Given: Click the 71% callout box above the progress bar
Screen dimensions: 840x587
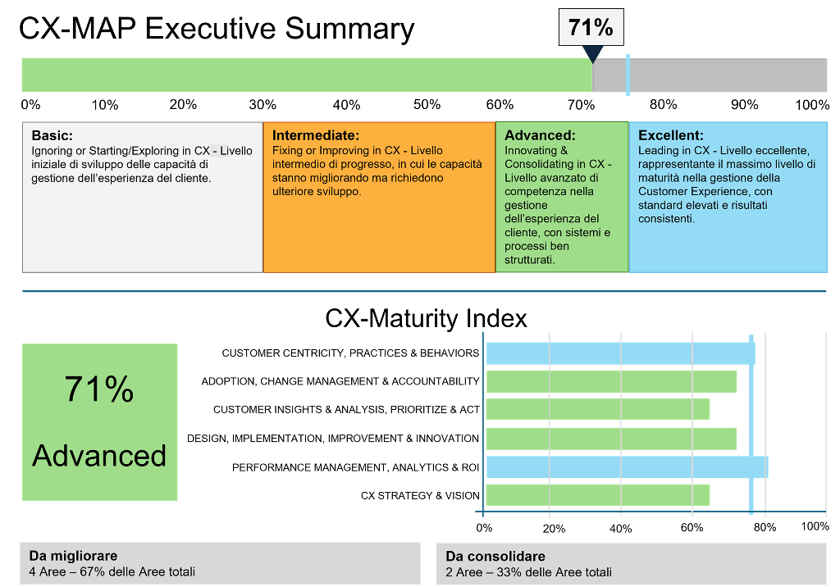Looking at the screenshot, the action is [591, 27].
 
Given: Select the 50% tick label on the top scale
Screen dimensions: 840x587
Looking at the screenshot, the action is [427, 104].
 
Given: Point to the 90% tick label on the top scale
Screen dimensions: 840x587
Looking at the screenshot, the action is [745, 104].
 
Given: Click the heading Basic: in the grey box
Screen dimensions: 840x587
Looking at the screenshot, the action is [52, 135].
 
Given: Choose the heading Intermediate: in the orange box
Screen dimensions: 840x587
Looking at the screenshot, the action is [316, 135].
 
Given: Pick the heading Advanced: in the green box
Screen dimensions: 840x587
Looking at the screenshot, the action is [540, 135].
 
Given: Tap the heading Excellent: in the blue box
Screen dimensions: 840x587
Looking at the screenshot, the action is [671, 135].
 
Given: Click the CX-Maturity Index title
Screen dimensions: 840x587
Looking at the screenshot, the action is [427, 318].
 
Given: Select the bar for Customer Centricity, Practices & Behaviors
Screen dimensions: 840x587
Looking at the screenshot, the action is [620, 353].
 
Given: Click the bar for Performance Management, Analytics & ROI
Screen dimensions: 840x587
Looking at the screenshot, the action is [627, 467].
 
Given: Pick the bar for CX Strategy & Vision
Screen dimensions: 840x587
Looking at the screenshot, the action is [598, 495].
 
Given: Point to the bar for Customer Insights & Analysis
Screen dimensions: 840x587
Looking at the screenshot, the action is [598, 409].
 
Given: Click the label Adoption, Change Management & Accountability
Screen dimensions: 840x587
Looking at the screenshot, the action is [340, 381].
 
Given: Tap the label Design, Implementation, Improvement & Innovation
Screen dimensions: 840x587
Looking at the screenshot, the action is [333, 439].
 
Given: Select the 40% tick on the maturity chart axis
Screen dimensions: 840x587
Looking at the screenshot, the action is [621, 528].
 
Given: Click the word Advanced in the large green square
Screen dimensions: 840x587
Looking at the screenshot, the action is [99, 456].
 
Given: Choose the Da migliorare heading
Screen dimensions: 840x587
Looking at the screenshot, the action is [73, 556].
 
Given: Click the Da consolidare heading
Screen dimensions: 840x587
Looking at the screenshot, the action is [495, 557].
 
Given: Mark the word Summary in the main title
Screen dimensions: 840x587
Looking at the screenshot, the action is [349, 29].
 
